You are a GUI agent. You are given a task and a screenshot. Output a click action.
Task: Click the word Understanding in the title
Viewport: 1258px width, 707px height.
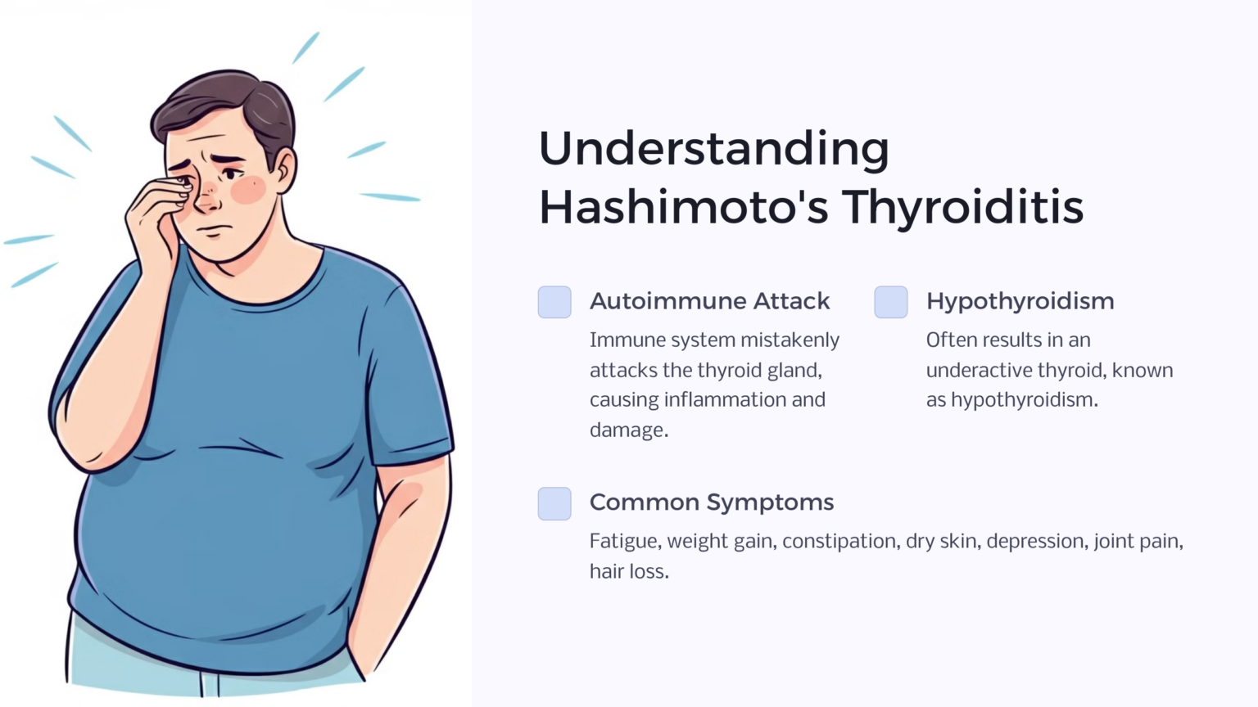point(713,150)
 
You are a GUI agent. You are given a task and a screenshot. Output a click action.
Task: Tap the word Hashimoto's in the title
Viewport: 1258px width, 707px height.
point(684,207)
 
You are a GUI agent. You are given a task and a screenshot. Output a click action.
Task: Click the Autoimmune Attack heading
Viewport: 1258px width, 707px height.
point(709,301)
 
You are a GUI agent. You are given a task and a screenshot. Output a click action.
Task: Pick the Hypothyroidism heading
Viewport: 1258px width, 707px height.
point(1020,301)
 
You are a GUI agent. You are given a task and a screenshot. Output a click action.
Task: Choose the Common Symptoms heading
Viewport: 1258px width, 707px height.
point(711,502)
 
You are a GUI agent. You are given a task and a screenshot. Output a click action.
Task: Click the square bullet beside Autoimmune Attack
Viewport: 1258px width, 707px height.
point(554,302)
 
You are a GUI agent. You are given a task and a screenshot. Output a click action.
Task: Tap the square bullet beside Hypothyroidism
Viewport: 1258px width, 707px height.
point(891,302)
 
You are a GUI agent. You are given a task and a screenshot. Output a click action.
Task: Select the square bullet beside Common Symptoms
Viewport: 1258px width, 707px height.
point(554,503)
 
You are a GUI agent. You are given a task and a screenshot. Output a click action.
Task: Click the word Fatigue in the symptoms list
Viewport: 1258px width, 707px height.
point(625,542)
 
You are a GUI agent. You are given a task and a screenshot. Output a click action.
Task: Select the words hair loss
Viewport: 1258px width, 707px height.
point(628,571)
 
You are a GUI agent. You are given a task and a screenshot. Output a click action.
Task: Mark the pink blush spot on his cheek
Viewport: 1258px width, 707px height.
point(247,190)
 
